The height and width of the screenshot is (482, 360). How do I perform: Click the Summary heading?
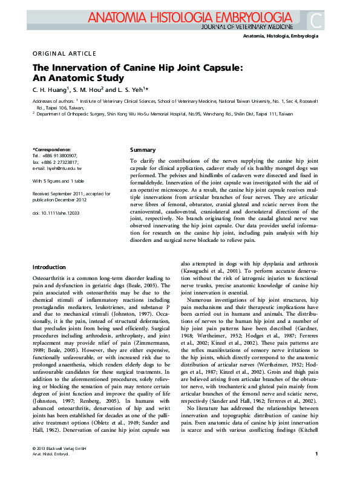pyautogui.click(x=143, y=150)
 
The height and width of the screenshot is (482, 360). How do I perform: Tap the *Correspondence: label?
pyautogui.click(x=51, y=149)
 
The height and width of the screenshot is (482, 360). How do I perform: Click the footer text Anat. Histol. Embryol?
pyautogui.click(x=51, y=470)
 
